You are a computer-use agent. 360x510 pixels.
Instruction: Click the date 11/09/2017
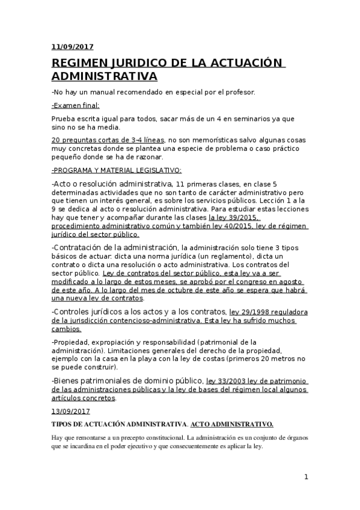pos(72,46)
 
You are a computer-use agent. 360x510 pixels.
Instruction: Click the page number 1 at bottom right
pos(306,477)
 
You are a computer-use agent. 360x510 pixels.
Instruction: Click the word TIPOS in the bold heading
pos(62,424)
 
